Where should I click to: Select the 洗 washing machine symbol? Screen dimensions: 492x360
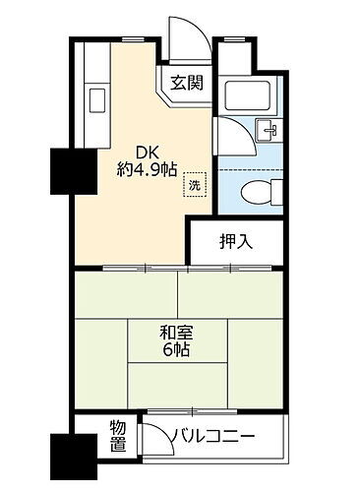click(194, 183)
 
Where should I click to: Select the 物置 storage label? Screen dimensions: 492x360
click(118, 436)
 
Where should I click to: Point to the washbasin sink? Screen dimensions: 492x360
click(266, 131)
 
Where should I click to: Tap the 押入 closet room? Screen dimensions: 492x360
click(240, 244)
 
